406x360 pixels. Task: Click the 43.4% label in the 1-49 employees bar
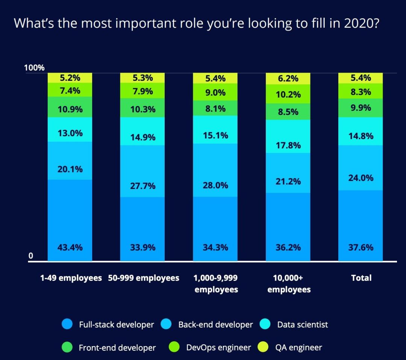coord(70,247)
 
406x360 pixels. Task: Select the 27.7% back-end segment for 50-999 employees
coord(142,186)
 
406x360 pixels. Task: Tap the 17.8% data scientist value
coord(288,145)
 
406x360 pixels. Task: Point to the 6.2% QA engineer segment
coord(288,79)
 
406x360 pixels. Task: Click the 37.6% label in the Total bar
coord(361,247)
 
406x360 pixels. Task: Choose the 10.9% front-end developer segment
coord(70,110)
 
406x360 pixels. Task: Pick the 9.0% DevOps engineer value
coord(215,92)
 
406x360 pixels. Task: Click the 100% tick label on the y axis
coord(34,68)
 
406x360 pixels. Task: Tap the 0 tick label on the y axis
coord(31,256)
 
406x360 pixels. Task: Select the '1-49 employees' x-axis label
coord(71,278)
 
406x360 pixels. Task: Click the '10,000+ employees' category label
coord(289,284)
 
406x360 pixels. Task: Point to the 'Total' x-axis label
coord(361,278)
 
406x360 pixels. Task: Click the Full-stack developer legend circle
coord(67,324)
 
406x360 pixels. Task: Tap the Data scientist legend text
coord(302,324)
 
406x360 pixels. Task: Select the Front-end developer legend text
coord(117,348)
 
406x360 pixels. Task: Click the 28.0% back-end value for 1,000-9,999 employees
coord(215,186)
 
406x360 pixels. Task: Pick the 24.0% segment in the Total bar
coord(361,177)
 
